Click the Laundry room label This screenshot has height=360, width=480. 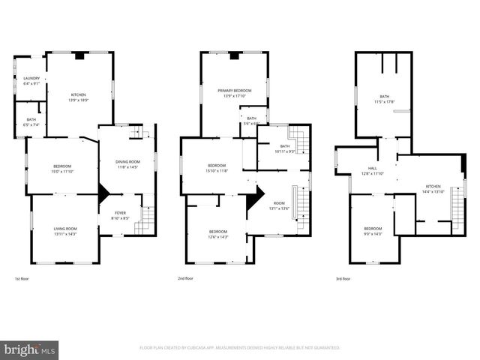[31, 81]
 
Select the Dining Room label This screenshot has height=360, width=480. [127, 164]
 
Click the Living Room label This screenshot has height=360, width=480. [65, 231]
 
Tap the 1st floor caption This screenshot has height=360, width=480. [22, 280]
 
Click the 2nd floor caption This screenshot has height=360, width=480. [184, 280]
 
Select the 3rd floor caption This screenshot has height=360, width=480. [343, 280]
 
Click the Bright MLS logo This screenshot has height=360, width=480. [31, 349]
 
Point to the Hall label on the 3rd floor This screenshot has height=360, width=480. [373, 171]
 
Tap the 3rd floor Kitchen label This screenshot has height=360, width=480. [433, 189]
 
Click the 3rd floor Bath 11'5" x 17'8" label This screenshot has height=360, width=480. [384, 98]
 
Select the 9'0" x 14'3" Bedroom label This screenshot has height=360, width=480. [373, 230]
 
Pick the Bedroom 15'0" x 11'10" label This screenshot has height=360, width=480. [62, 169]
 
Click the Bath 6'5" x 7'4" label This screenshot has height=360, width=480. [31, 122]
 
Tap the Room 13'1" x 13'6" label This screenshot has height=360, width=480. [279, 205]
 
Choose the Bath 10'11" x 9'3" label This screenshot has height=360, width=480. [284, 148]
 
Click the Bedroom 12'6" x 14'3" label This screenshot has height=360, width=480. [217, 234]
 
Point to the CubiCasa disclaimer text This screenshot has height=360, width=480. [240, 348]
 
